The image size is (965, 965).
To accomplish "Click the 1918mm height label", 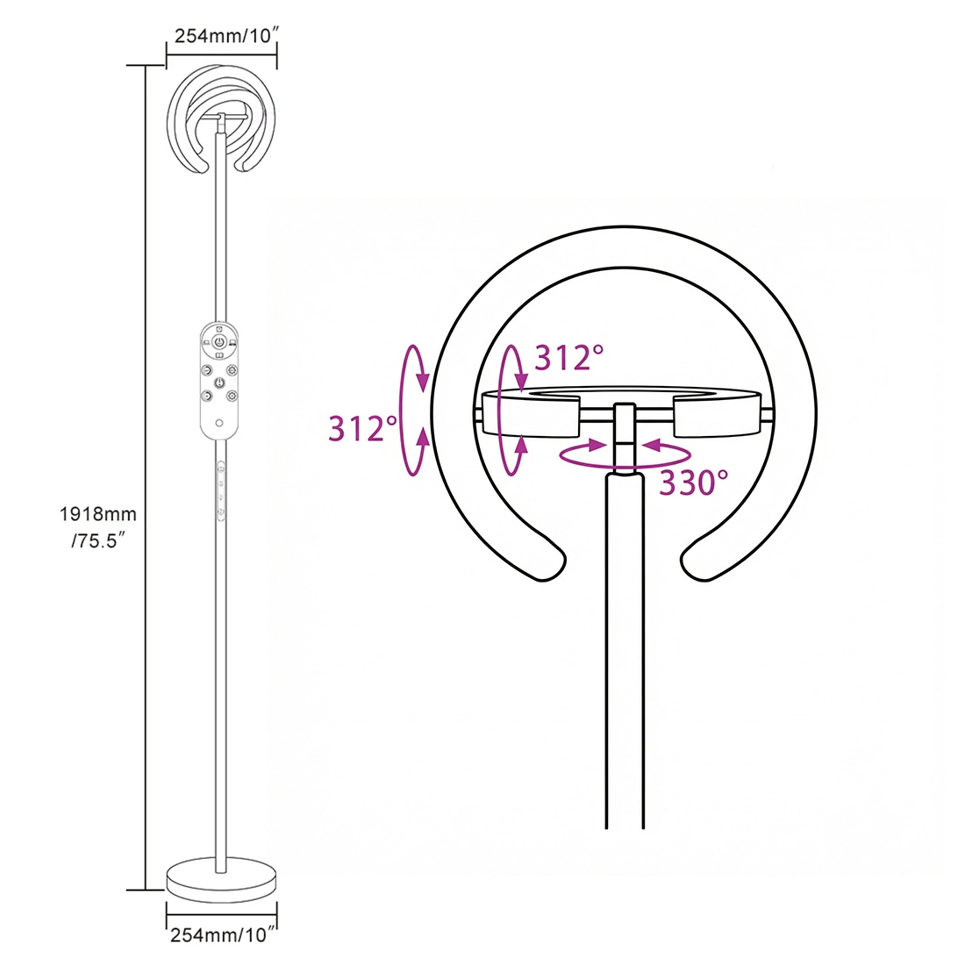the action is coord(98,514).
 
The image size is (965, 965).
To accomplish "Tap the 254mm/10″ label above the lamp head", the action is coord(224,36).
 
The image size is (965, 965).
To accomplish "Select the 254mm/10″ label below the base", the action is coord(220,935).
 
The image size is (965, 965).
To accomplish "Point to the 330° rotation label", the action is coord(694,483).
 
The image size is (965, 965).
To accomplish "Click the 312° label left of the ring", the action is coord(363,429).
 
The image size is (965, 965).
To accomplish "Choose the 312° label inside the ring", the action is coord(569,358).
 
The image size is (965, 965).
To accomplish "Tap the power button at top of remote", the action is coord(219,342).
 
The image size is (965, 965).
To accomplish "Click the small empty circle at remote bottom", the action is coord(219,423).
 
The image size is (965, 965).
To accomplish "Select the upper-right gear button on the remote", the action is coord(232,370).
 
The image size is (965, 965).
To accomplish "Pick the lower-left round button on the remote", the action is coord(206,396).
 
